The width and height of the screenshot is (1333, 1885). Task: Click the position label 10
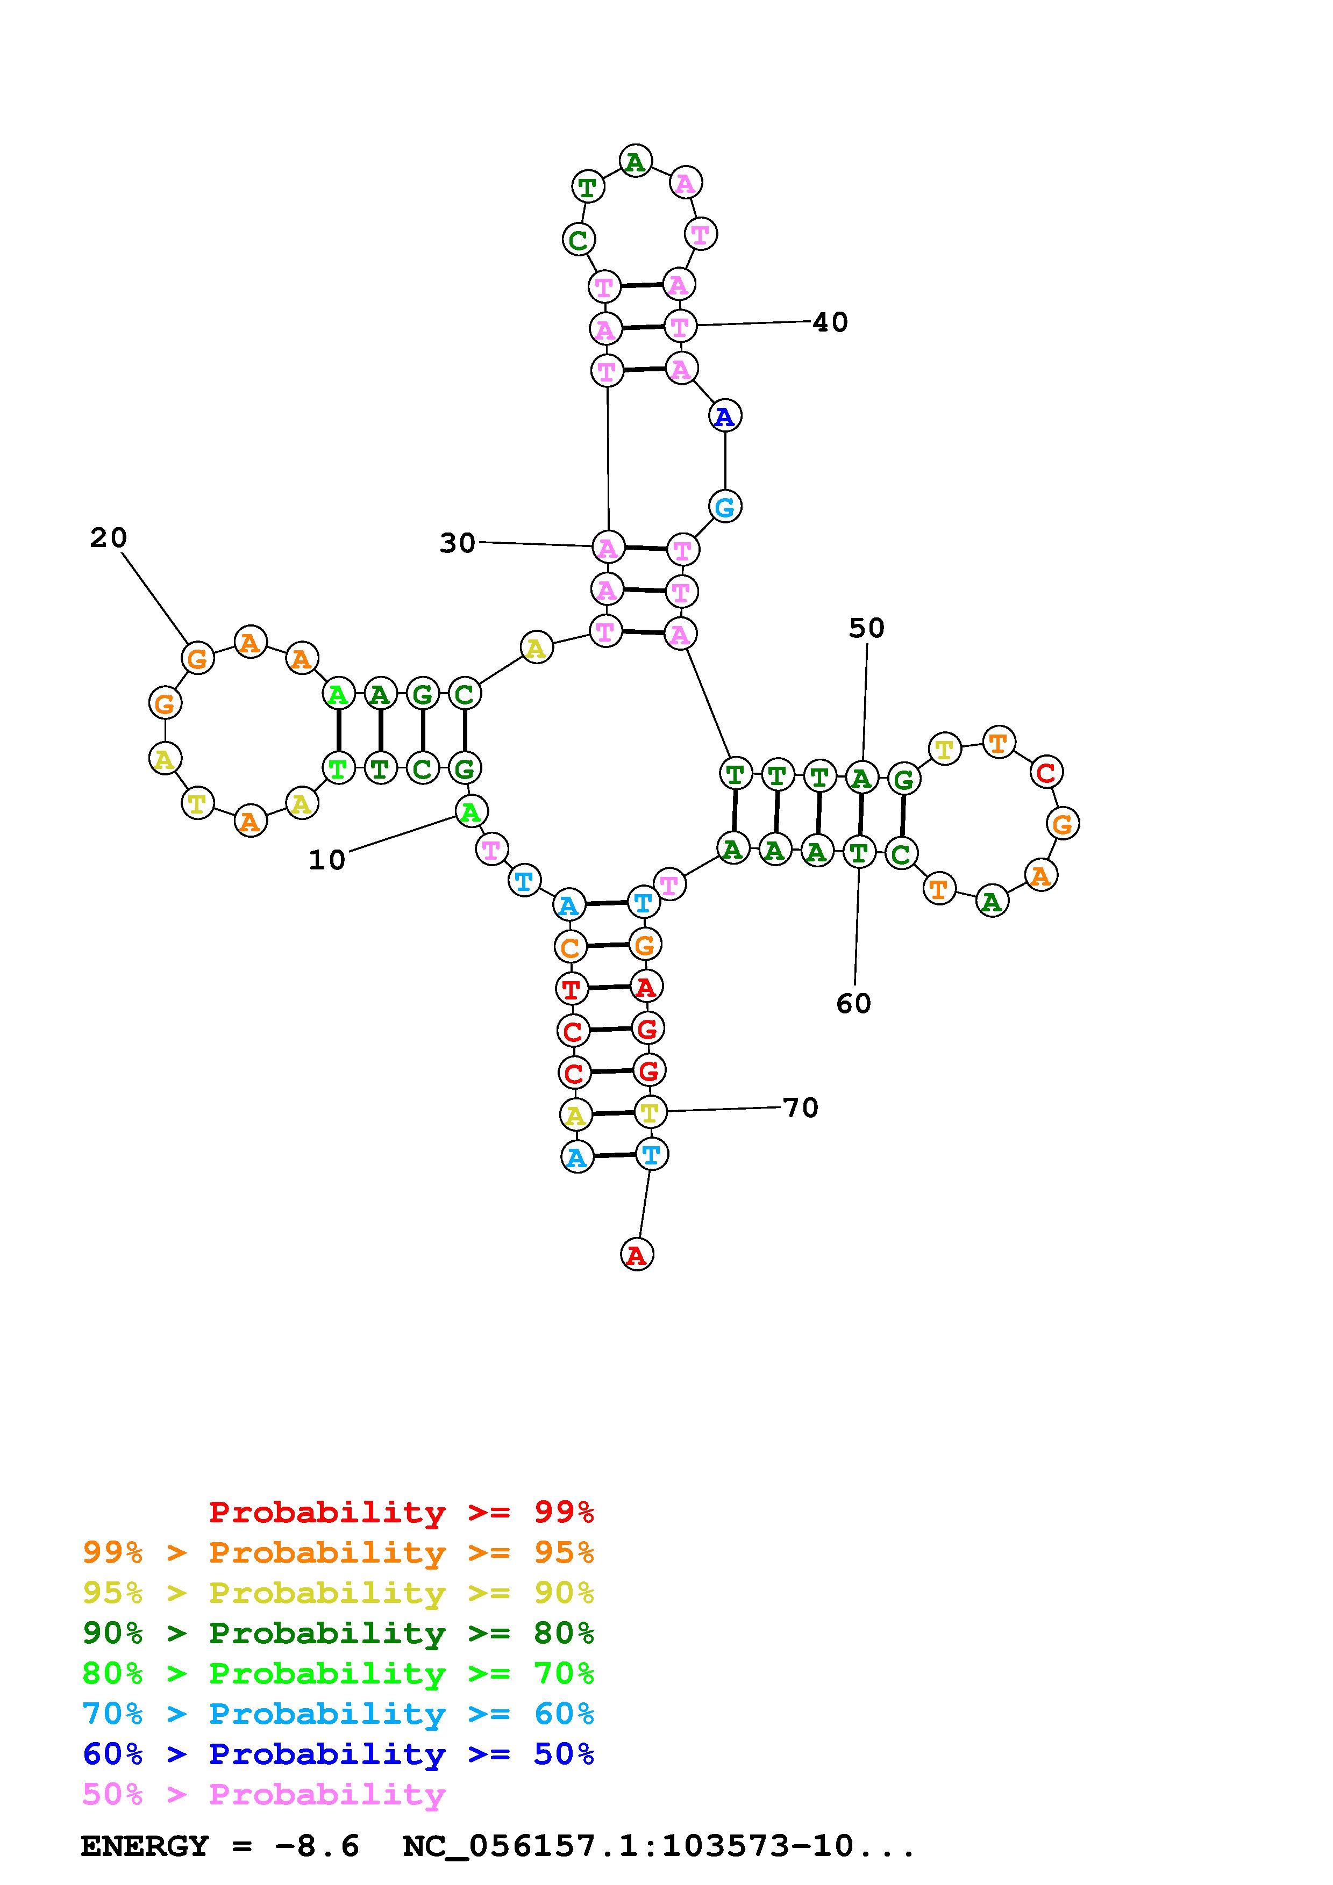(327, 860)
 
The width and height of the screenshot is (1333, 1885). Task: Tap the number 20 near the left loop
(109, 538)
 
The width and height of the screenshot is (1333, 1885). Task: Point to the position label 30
(458, 543)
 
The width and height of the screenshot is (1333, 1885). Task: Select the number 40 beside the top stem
(830, 322)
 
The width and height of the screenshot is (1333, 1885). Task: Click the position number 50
(866, 628)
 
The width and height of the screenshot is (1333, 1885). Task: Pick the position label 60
(853, 1003)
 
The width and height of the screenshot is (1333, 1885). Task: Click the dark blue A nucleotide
(724, 416)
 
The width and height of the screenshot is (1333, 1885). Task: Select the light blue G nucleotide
(724, 507)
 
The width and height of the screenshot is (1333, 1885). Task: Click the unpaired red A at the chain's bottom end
(637, 1255)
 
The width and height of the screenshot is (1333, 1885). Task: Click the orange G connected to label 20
(197, 658)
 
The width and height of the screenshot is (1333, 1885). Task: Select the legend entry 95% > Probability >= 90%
(338, 1592)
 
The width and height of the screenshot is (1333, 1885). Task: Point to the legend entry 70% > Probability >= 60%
(338, 1714)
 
